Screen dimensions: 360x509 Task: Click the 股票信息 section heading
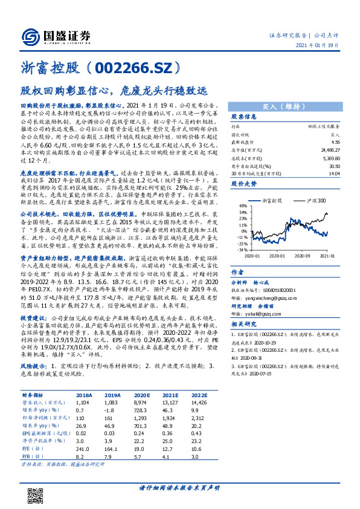point(244,117)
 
